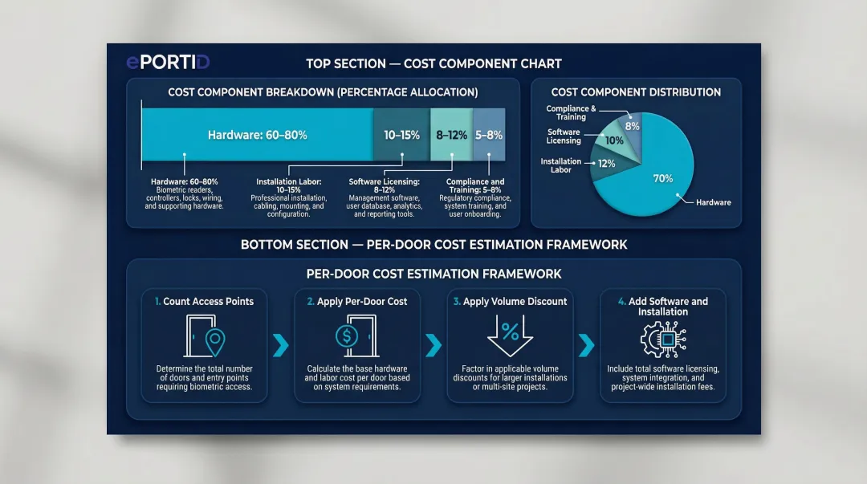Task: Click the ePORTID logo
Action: click(168, 63)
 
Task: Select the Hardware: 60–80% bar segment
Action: click(257, 135)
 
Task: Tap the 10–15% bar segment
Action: click(401, 135)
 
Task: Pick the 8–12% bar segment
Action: click(451, 135)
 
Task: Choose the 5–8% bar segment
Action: click(489, 135)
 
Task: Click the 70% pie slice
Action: click(663, 178)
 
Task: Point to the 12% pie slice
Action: click(607, 163)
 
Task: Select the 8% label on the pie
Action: click(633, 126)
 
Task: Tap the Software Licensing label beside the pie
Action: click(564, 136)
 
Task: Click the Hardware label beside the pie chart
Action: click(713, 202)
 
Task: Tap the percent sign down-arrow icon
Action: click(510, 334)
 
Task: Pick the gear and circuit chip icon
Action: click(663, 338)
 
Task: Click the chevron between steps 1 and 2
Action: click(280, 346)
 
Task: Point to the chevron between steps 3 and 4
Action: click(587, 346)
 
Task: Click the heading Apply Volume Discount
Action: click(510, 302)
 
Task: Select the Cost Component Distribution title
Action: click(636, 92)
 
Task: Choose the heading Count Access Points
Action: click(204, 302)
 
